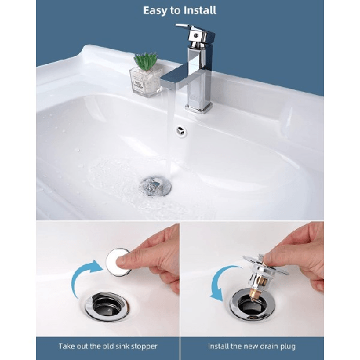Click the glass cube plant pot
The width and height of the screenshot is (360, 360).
click(144, 80)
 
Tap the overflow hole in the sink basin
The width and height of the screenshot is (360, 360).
click(180, 131)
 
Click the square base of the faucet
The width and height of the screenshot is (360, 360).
click(199, 106)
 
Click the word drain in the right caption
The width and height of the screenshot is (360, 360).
click(272, 346)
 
